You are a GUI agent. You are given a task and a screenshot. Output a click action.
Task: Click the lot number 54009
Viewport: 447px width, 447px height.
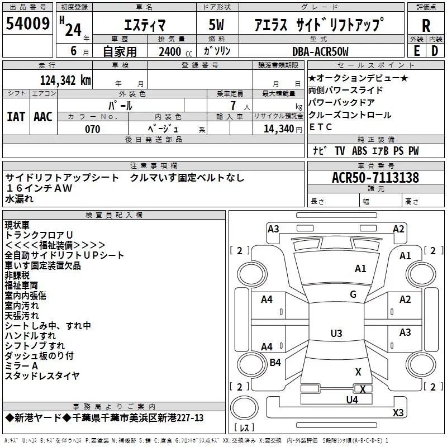click(x=27, y=23)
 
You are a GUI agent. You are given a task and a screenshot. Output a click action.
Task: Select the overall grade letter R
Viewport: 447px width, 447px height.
click(x=426, y=26)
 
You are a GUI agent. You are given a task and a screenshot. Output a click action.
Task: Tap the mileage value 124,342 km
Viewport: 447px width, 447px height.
click(x=65, y=80)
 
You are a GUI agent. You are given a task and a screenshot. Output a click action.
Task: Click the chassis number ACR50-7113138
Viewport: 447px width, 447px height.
click(x=375, y=177)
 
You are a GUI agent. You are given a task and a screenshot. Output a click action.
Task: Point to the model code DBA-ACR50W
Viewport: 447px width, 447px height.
click(x=320, y=51)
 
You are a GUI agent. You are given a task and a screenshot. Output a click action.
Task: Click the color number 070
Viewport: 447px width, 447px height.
click(x=93, y=129)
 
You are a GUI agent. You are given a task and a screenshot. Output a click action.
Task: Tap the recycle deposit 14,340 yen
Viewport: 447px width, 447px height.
click(x=283, y=129)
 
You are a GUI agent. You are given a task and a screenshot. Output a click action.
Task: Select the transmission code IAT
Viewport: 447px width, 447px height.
click(x=16, y=117)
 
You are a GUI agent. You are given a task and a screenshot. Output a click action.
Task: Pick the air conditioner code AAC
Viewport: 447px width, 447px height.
click(x=43, y=117)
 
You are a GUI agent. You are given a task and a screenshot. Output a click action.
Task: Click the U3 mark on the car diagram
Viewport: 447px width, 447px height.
click(x=336, y=333)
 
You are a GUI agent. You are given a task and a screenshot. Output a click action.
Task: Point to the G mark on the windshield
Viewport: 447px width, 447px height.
click(x=353, y=294)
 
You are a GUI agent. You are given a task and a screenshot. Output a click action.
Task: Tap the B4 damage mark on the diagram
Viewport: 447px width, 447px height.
click(x=275, y=362)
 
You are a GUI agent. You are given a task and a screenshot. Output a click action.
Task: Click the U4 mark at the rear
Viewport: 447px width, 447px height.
click(x=352, y=400)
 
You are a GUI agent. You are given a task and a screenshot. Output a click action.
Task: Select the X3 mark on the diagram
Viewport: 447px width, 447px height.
click(x=398, y=412)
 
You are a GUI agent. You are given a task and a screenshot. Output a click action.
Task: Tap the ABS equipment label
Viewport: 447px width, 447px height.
click(x=359, y=151)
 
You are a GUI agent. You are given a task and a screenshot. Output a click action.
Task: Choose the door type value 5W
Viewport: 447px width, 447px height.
click(x=216, y=25)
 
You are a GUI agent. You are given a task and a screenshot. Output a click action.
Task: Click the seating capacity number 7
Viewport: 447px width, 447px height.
click(x=233, y=106)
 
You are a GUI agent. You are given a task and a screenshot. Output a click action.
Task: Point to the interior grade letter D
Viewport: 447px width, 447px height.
click(x=435, y=51)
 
